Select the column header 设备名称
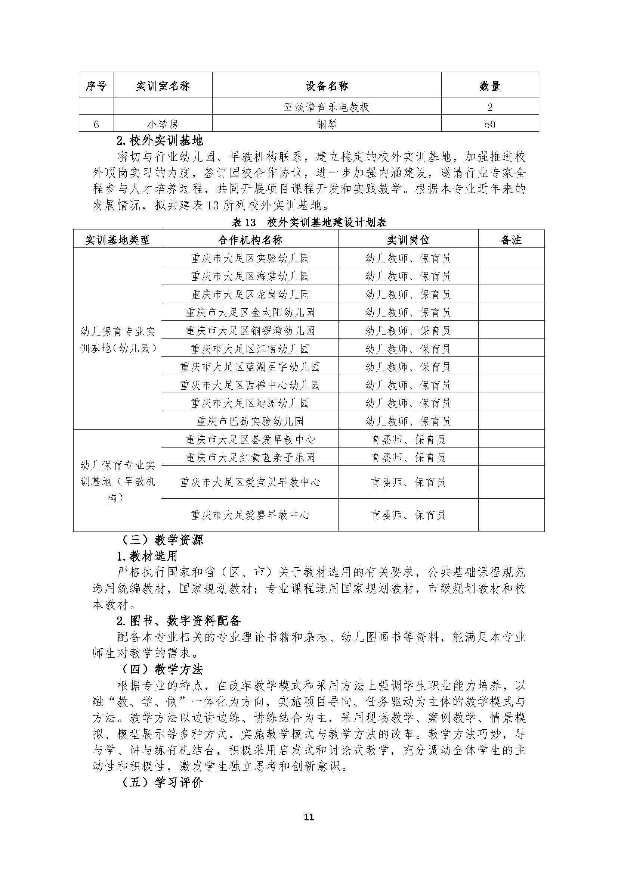327,86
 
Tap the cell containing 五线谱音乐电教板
327,107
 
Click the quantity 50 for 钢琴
490,124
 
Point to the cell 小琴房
163,124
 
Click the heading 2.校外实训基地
160,141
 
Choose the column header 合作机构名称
250,240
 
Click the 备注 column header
511,240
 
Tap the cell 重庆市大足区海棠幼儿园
250,276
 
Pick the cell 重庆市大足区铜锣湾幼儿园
250,330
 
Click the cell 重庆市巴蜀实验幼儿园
250,421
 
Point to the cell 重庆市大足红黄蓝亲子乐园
250,458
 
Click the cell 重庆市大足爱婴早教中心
250,515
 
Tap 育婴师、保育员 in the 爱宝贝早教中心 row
408,483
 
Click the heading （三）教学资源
163,540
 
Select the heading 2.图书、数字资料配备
179,621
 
